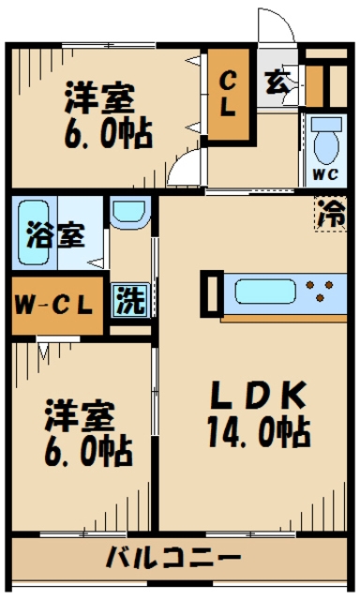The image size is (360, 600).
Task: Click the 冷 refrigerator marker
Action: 330,215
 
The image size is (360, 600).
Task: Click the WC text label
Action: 325,173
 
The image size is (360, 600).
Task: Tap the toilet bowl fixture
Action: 326,141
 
